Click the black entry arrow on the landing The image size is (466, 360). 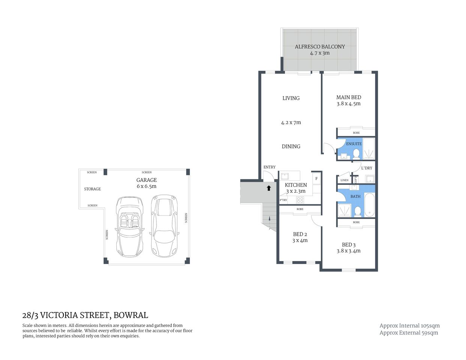point(269,188)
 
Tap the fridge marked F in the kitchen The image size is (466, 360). point(316,178)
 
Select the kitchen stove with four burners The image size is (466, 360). point(300,200)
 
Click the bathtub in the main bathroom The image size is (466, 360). point(369,205)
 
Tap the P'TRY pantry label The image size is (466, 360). point(283,200)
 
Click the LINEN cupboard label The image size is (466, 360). point(344,180)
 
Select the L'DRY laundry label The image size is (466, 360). point(367,168)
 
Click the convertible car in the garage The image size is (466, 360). point(129,226)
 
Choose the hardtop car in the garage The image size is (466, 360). point(164,225)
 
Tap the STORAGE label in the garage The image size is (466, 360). point(92,189)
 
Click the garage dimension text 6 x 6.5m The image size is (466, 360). point(146,186)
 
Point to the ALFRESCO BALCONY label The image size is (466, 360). point(320,47)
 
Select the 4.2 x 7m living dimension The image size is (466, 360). point(291,123)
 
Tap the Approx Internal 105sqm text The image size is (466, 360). point(409,326)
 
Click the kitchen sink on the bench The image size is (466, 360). point(284,175)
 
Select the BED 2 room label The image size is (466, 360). point(300,234)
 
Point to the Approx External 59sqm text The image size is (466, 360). point(409,333)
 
